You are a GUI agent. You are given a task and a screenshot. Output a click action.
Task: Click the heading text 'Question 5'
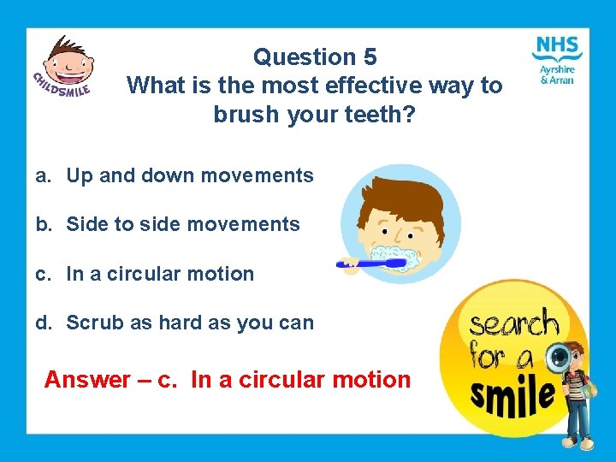point(315,57)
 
